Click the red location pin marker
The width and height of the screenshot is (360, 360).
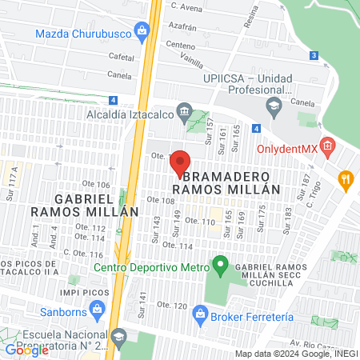[181, 162]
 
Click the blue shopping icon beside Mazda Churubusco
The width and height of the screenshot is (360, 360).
[142, 32]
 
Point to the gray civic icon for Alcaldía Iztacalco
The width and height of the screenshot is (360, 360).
[185, 111]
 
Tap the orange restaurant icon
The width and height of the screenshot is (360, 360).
[346, 179]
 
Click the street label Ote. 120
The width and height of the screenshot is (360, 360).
[171, 306]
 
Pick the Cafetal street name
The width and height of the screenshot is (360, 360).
[121, 57]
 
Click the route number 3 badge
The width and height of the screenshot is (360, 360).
[314, 55]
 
